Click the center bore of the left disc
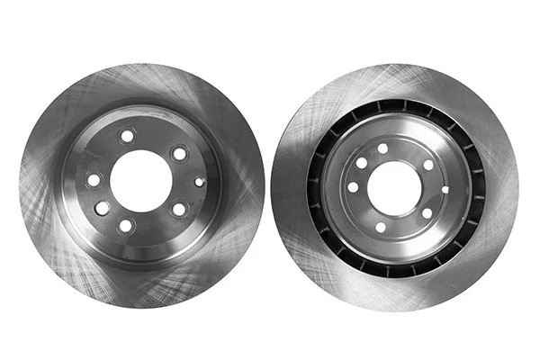pos(141,180)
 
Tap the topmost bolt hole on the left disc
pos(127,136)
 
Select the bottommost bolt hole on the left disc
pos(126,226)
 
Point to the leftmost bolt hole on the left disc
pos(94,180)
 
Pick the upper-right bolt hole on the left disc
pos(180,153)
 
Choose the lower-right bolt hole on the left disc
pos(179,209)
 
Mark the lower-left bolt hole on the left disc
pos(103,207)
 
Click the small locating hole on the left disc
pos(199,182)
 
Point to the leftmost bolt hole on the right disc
pos(353,187)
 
